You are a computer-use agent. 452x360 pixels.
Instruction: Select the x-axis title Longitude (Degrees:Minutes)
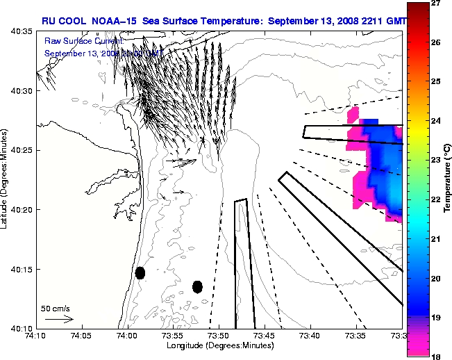tap(219, 345)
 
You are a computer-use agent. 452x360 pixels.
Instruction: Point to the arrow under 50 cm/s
tap(59, 319)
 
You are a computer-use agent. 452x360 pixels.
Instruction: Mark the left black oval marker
tap(140, 272)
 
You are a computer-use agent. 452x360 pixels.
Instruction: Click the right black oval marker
tap(197, 286)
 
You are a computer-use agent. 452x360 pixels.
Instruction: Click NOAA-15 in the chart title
tap(112, 21)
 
